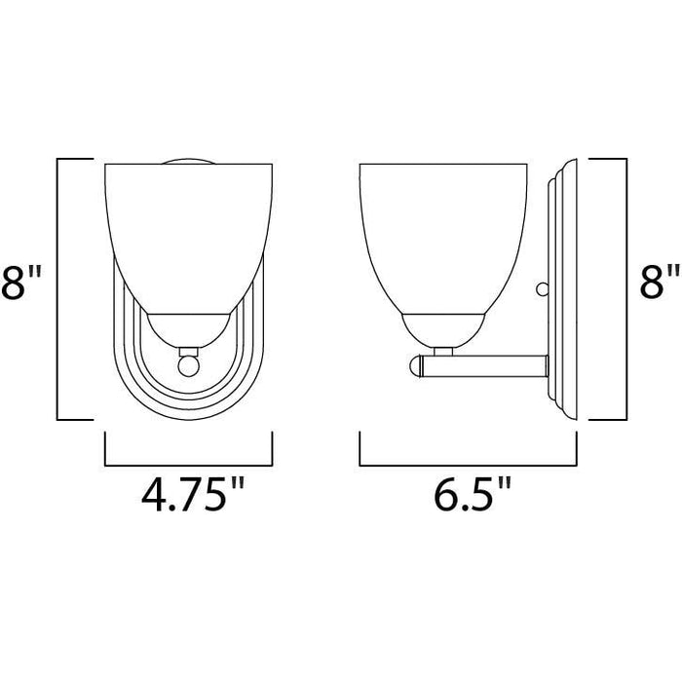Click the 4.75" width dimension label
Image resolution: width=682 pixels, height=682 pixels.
click(193, 495)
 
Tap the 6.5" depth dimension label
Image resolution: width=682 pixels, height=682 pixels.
click(471, 495)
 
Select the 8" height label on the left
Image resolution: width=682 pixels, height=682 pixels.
click(20, 283)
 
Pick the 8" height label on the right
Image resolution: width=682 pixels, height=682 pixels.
click(660, 283)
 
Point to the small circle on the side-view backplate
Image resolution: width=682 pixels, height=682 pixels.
click(542, 288)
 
